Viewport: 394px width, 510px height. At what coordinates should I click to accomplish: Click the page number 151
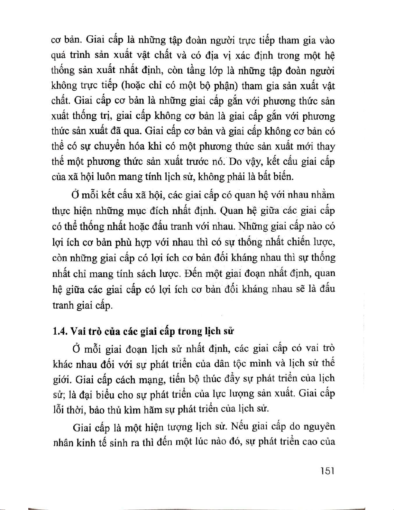tap(327, 471)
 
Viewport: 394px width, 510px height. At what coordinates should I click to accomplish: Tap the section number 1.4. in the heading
tap(60, 331)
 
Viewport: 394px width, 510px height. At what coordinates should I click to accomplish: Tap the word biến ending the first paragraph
tap(283, 177)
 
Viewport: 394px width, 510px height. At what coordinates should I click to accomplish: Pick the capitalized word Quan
tap(231, 211)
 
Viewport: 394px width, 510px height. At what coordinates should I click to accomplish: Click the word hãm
tap(153, 410)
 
